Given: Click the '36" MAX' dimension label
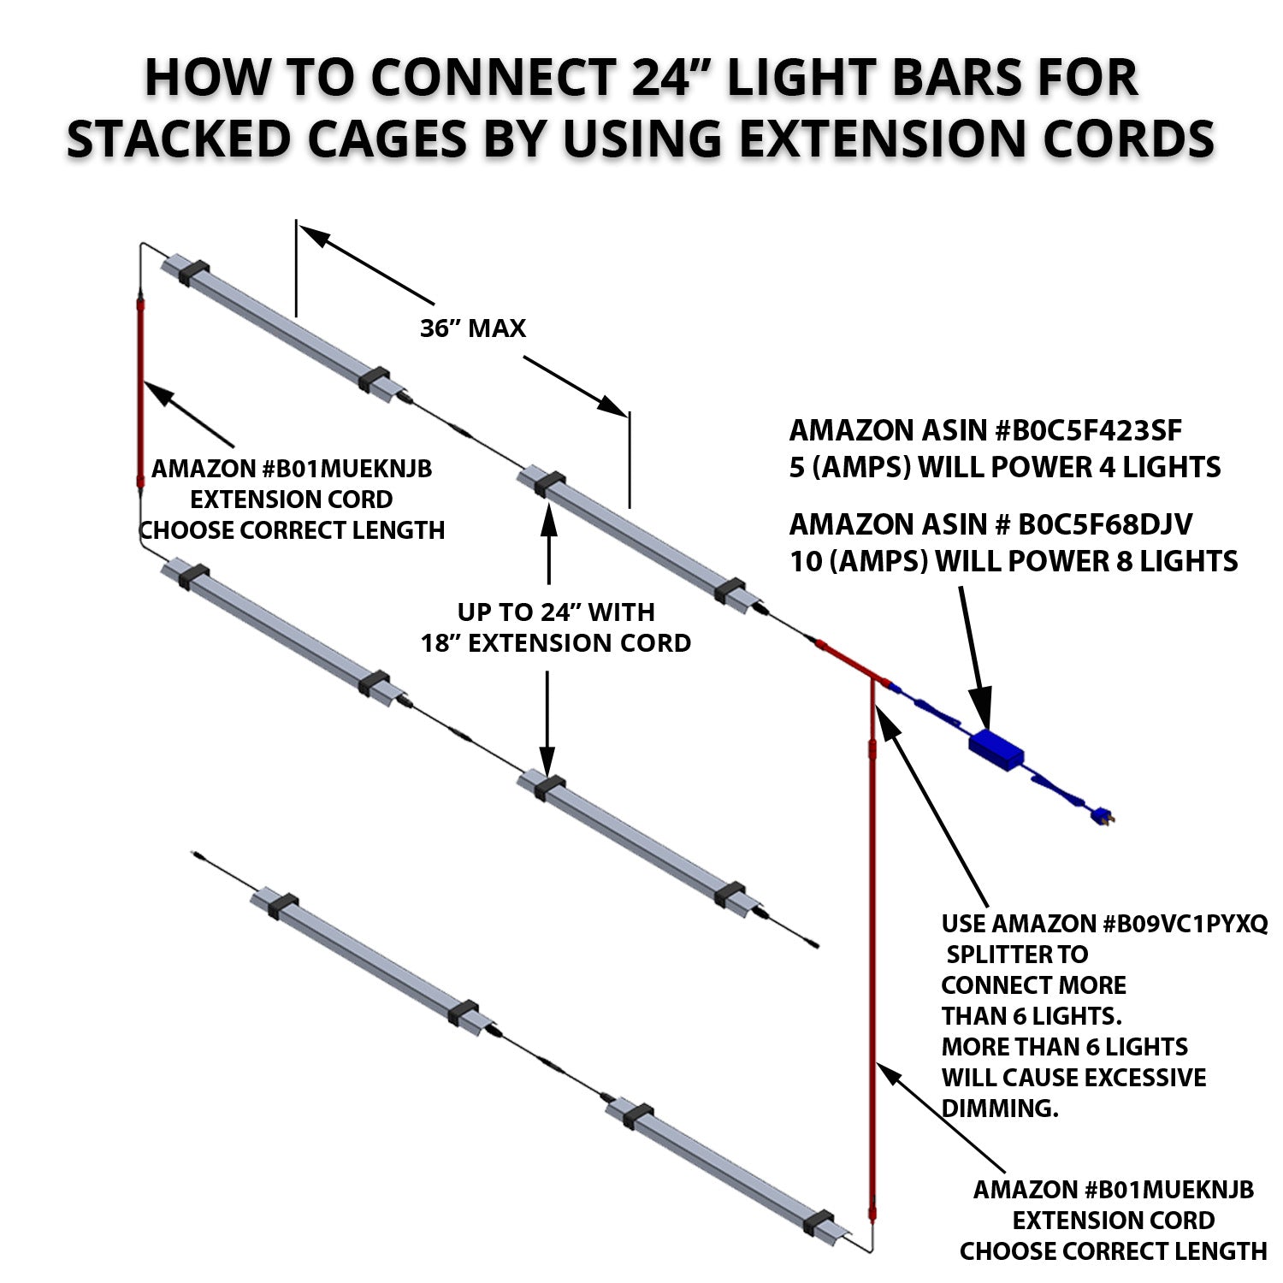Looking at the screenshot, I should coord(472,328).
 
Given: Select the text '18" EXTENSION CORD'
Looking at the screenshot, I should coord(555,643).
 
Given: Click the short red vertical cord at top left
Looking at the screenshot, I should coord(141,393).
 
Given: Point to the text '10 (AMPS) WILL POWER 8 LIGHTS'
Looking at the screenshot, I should coord(1014,562).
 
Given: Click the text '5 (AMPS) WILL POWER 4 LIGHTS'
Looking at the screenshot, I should coord(1005,468).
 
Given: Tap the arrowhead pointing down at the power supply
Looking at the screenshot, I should coord(984,714).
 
